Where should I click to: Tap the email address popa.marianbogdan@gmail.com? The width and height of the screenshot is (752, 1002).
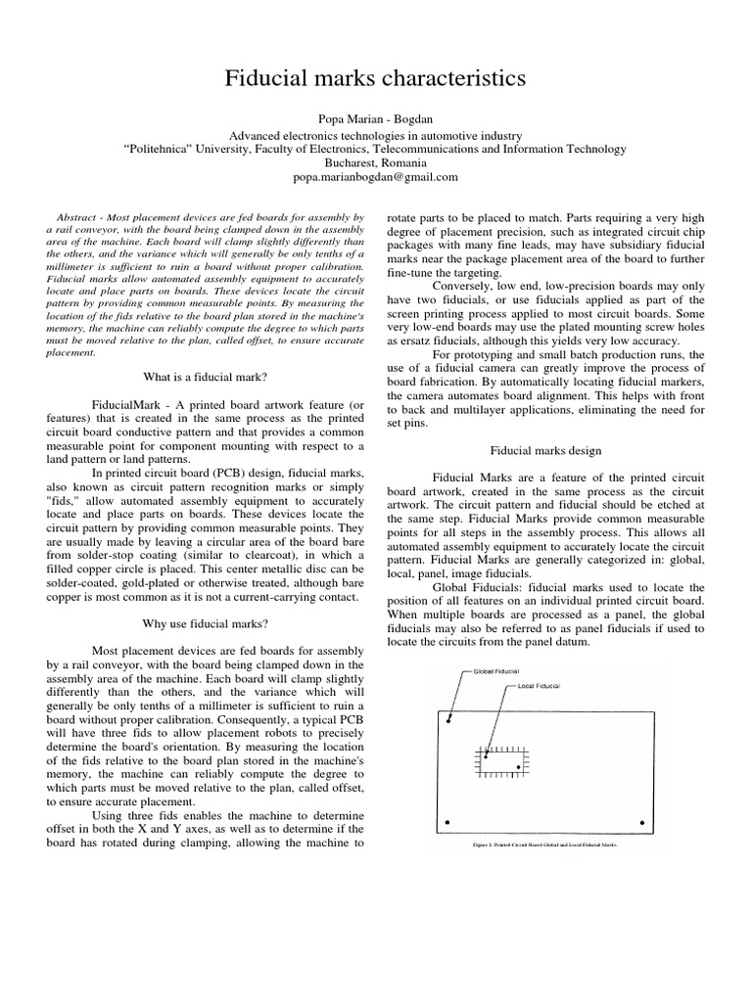click(375, 177)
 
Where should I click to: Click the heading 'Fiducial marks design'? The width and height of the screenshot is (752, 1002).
click(545, 450)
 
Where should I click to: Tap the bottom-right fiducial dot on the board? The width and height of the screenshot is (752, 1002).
click(641, 822)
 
